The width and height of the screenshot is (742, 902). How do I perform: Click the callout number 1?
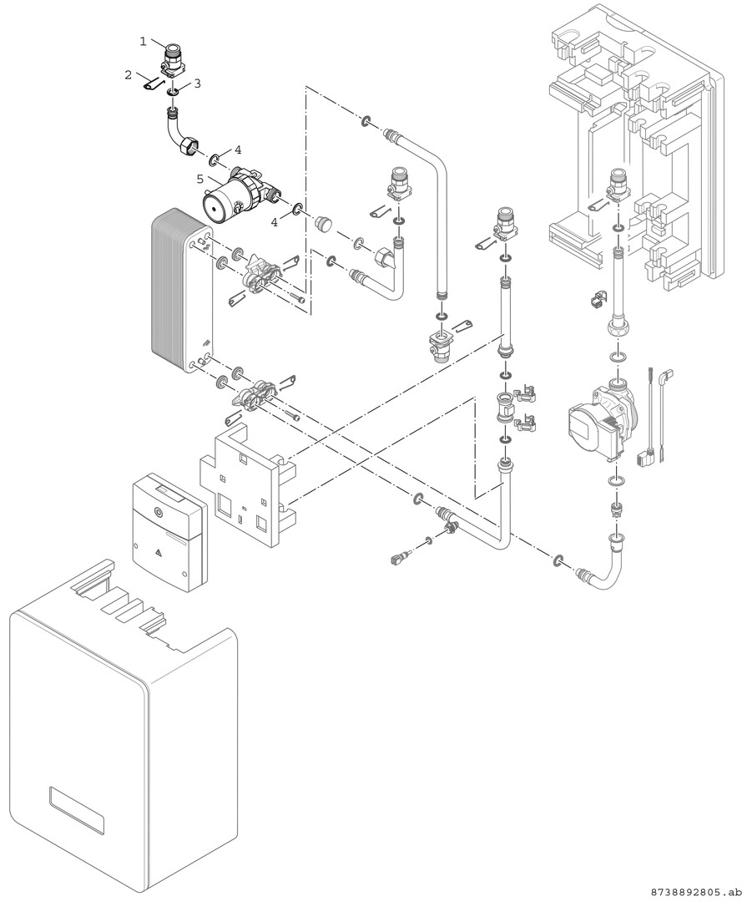144,41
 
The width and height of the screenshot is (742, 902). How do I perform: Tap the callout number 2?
129,75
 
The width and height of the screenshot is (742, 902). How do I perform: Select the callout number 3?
197,84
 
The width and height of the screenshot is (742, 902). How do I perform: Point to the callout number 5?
200,179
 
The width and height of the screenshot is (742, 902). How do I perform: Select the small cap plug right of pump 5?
323,224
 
